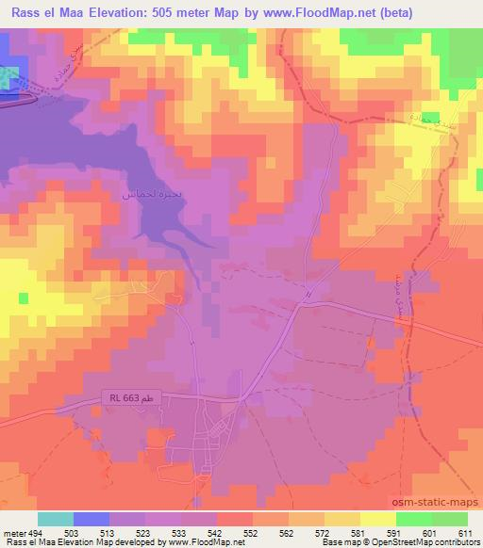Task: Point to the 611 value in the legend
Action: click(465, 532)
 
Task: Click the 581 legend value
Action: click(359, 532)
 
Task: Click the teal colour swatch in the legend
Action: click(57, 519)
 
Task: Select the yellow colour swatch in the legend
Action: click(376, 519)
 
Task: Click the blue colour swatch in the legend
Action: click(92, 519)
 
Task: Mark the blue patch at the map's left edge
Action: click(8, 78)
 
